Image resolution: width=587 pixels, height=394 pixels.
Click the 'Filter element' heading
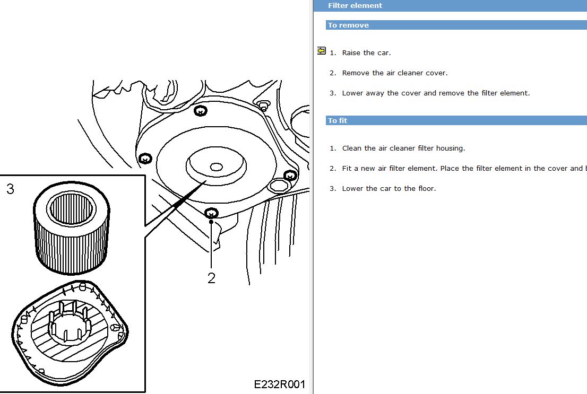click(355, 6)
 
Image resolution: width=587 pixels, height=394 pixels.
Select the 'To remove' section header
click(348, 25)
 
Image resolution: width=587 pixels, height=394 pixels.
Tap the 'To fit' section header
click(338, 120)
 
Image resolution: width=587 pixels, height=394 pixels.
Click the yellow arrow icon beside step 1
click(321, 50)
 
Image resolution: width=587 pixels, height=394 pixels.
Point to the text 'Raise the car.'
click(366, 52)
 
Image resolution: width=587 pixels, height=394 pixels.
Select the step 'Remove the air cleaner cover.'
click(394, 73)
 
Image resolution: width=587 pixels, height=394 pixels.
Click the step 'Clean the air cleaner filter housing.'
click(403, 148)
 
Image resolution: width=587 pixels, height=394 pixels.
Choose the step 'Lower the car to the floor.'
click(389, 189)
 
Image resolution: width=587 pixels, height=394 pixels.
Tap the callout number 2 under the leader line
click(212, 278)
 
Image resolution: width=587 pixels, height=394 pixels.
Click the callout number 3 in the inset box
click(10, 189)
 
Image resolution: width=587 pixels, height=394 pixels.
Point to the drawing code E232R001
click(279, 384)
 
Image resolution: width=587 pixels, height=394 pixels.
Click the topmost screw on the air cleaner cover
click(201, 111)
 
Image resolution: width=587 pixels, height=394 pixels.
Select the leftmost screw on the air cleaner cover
click(145, 159)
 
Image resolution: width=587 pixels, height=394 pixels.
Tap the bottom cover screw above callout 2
click(212, 213)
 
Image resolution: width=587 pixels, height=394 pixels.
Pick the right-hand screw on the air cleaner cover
click(290, 175)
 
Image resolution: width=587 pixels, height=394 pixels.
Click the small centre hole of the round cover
click(216, 167)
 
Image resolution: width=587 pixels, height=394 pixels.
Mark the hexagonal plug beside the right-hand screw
click(279, 186)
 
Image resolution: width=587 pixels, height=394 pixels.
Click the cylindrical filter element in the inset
click(72, 228)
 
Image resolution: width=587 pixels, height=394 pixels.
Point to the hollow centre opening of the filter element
click(71, 209)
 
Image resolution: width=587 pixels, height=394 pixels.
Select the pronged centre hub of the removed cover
click(70, 323)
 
